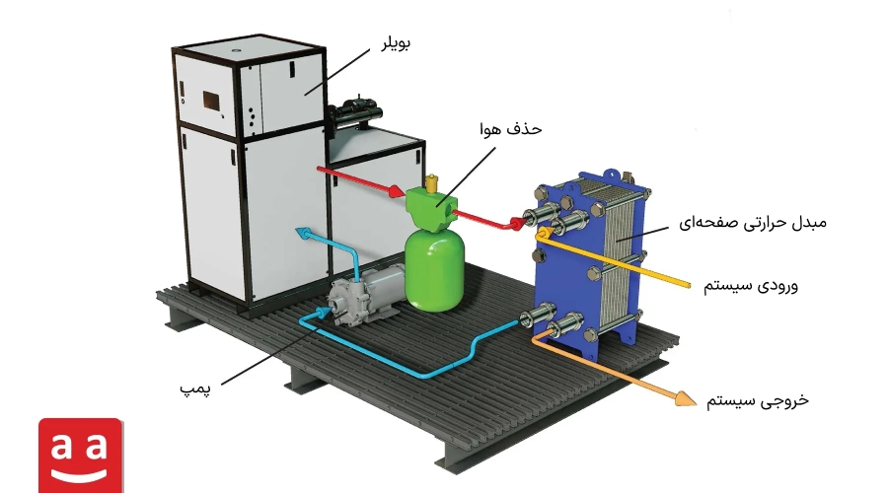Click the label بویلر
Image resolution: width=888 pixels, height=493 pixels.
point(396,43)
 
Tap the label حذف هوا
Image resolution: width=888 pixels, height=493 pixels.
point(510,129)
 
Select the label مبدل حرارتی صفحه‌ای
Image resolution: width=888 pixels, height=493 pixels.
point(753,223)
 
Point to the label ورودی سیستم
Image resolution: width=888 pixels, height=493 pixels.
point(751,285)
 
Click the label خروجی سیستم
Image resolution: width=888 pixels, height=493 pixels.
point(757,401)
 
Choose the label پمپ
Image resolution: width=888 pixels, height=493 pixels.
point(195,388)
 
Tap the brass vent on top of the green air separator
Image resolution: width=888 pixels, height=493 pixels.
point(434,182)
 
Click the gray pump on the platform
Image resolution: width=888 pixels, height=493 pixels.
point(367,295)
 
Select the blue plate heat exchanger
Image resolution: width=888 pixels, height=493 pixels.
point(589,261)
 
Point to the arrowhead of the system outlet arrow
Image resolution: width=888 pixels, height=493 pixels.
point(687,398)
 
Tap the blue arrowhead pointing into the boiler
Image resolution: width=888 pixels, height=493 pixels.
point(304,232)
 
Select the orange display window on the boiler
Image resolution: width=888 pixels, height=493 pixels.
point(212,101)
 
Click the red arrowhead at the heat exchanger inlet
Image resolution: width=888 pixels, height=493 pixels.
point(517,223)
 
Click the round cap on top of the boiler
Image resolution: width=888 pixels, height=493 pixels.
point(235,50)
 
